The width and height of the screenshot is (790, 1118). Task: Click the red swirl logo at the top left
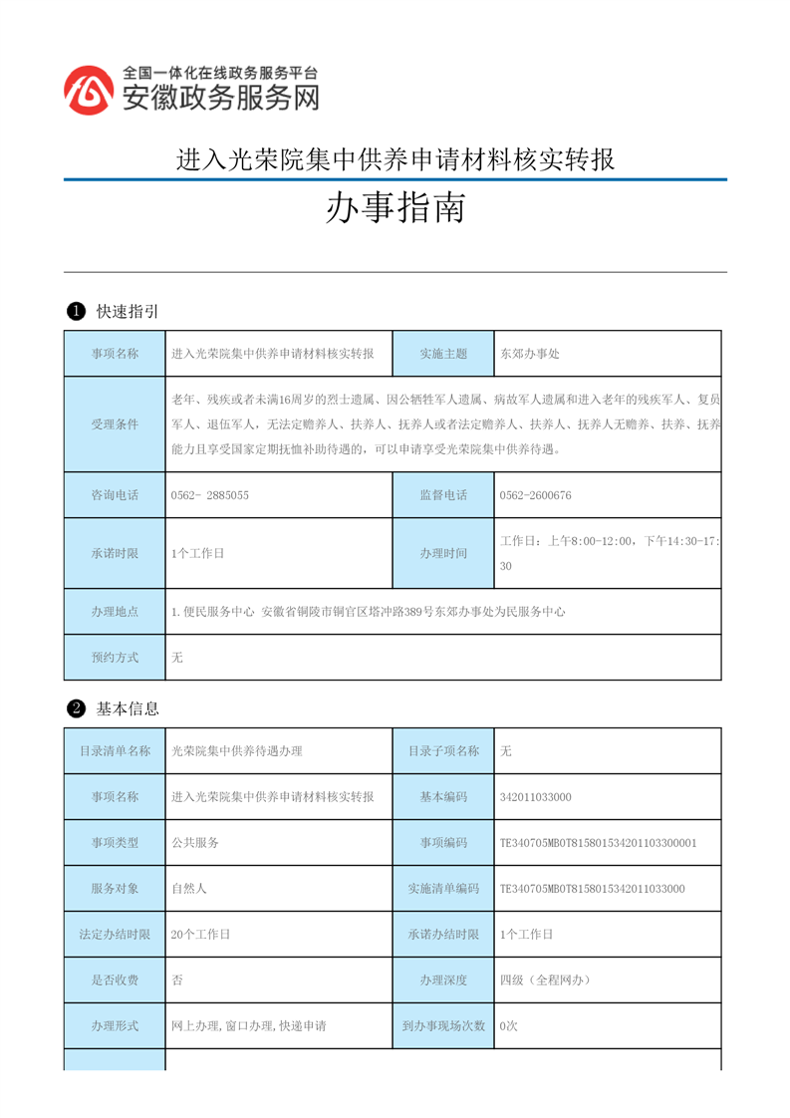[x=88, y=90]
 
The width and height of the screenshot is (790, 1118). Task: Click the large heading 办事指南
[x=395, y=209]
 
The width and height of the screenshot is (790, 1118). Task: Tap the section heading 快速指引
[x=128, y=312]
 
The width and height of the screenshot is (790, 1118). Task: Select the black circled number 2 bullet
[x=75, y=709]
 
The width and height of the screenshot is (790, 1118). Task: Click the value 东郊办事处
[x=530, y=354]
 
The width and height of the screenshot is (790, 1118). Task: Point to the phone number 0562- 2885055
[x=210, y=495]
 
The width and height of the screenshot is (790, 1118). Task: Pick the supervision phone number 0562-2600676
[x=535, y=495]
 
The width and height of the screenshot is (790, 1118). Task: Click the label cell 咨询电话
[x=115, y=495]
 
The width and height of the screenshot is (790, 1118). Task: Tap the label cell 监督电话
[x=443, y=495]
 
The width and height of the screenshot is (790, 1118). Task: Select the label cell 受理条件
[x=115, y=424]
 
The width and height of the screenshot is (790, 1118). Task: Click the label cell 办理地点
[x=115, y=612]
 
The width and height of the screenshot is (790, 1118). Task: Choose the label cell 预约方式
[x=115, y=658]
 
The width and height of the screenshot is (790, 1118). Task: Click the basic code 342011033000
[x=536, y=797]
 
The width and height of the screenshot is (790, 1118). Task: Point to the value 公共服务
[x=195, y=843]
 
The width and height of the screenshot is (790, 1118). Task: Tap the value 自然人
[x=189, y=889]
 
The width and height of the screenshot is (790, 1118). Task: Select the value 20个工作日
[x=201, y=935]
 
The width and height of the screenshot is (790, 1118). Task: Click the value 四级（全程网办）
[x=545, y=980]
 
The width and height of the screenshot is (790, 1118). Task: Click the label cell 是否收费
[x=115, y=980]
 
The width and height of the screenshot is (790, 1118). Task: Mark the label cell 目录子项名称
[x=443, y=751]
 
